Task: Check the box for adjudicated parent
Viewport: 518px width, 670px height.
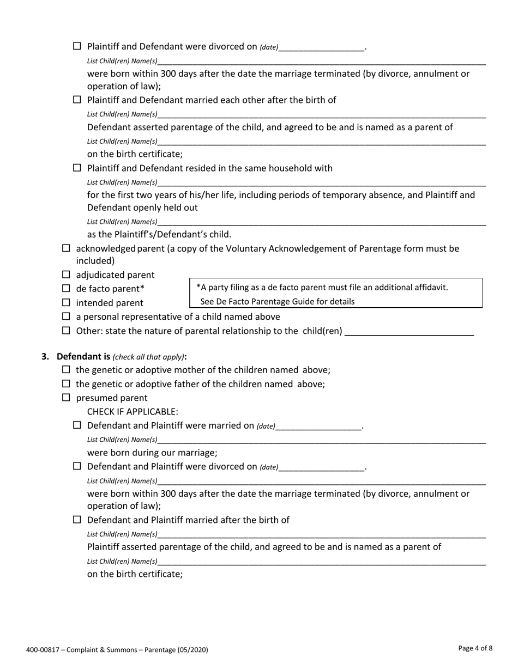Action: click(x=66, y=275)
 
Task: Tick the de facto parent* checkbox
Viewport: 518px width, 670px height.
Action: click(x=66, y=288)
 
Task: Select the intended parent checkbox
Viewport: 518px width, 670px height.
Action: click(x=66, y=302)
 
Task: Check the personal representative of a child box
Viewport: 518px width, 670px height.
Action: click(x=66, y=316)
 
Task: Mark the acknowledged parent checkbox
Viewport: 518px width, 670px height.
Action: click(x=66, y=248)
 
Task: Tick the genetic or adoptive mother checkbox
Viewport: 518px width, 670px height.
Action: click(x=66, y=370)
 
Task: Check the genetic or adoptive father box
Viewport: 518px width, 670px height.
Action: click(x=66, y=384)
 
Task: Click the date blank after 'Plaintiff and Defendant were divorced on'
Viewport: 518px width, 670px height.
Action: click(x=321, y=47)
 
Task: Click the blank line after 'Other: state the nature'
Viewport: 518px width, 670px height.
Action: click(x=409, y=331)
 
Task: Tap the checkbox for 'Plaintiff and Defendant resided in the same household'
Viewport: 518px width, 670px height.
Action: click(x=77, y=168)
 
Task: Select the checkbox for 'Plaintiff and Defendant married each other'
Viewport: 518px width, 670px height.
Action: click(x=77, y=100)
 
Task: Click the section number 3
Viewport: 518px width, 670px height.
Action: click(x=45, y=357)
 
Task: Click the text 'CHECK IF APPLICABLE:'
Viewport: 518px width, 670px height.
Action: click(x=132, y=411)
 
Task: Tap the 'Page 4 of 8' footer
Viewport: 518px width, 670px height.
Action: click(x=475, y=648)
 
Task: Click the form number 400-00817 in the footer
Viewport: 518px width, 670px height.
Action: click(x=43, y=649)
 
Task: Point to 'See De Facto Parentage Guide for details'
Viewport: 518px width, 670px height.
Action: click(x=278, y=301)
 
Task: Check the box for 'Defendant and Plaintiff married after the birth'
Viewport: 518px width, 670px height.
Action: click(x=77, y=520)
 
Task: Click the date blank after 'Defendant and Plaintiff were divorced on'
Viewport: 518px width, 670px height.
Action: click(x=321, y=467)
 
